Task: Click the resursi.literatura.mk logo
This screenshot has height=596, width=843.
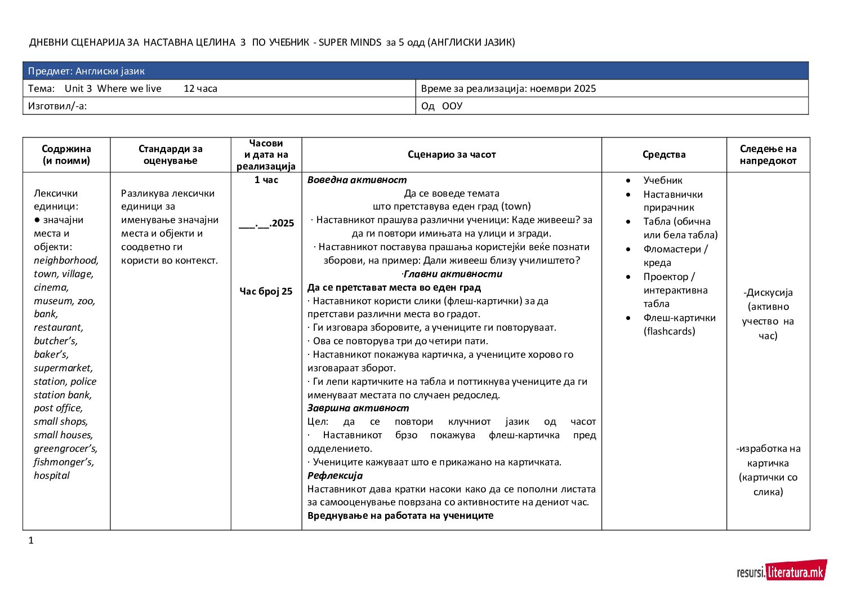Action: pos(782,571)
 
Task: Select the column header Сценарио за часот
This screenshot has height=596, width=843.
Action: pos(452,154)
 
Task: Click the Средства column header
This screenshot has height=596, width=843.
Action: pos(664,154)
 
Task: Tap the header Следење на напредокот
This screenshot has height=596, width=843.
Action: pos(768,155)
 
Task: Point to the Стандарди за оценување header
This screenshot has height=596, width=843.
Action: pos(170,155)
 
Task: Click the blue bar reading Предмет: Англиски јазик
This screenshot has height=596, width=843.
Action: pos(416,71)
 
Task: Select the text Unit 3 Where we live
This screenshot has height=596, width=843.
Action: pos(113,88)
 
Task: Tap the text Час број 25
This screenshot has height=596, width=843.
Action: pos(266,291)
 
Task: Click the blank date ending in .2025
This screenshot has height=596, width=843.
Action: pos(266,223)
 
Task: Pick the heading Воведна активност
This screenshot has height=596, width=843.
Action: pos(357,180)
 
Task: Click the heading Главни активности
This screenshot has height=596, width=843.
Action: pos(453,274)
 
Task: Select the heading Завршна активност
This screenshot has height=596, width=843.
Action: pos(358,408)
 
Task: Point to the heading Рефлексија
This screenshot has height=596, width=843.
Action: pos(335,475)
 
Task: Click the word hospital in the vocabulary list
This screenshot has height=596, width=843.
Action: pos(52,475)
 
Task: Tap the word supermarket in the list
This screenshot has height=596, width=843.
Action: pos(63,368)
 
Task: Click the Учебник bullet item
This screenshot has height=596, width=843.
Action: pos(663,180)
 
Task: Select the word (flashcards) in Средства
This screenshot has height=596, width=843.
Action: pos(669,331)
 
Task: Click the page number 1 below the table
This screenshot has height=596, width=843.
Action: pos(31,540)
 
